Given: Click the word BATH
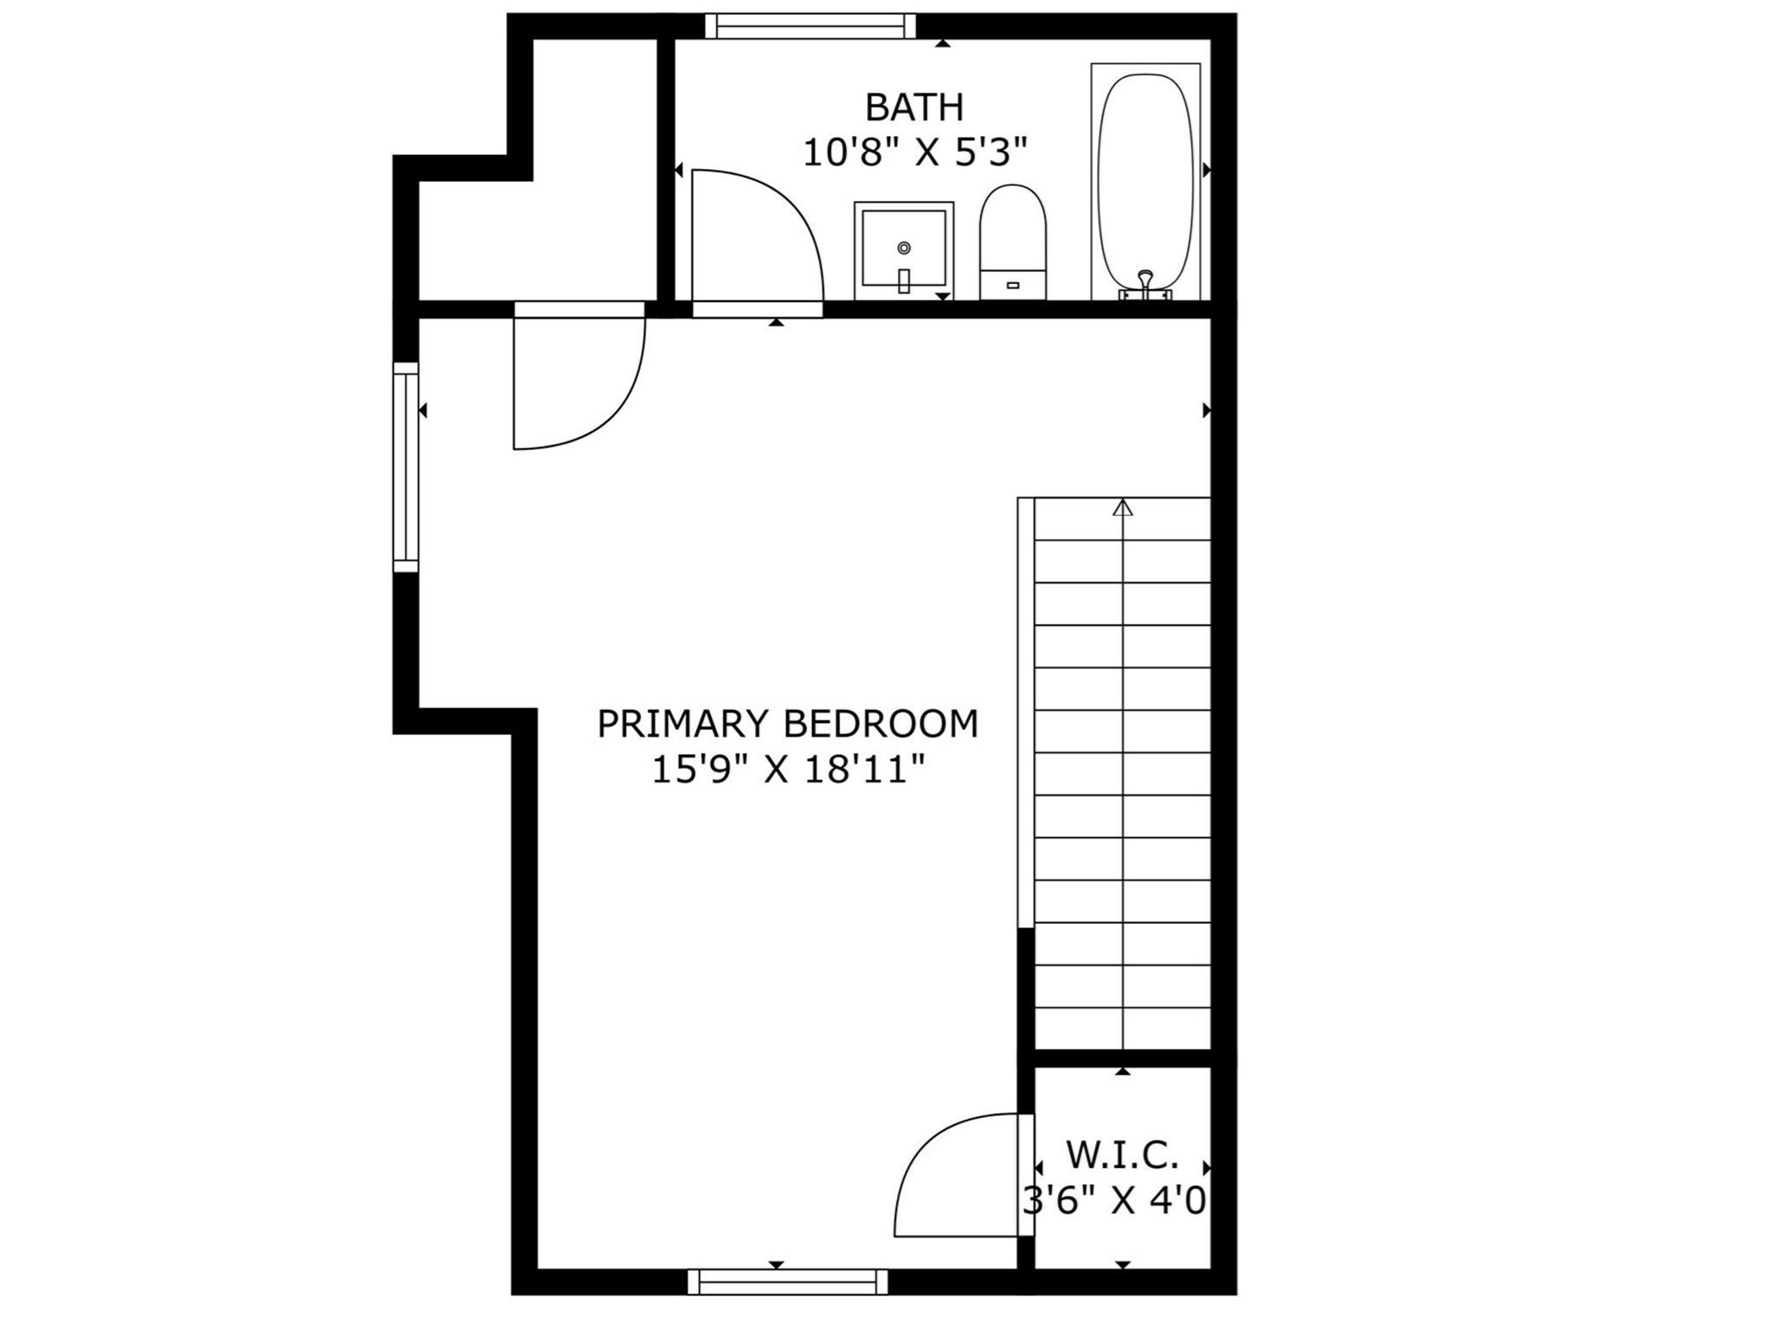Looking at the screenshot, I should [x=914, y=107].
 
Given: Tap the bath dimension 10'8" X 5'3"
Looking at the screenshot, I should [x=914, y=154].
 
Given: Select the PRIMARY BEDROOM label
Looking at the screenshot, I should [x=787, y=724].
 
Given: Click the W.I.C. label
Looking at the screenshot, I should [x=1122, y=1154].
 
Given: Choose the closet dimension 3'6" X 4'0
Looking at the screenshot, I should [x=1115, y=1201].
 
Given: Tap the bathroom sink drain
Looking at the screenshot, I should [x=904, y=248].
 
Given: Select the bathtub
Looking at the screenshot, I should [x=1144, y=177].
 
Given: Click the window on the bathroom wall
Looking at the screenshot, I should [x=810, y=26].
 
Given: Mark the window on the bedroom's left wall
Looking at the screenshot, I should [x=405, y=468].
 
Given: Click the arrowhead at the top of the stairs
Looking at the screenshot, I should [x=1123, y=508].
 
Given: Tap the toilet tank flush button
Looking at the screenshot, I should [x=1013, y=285].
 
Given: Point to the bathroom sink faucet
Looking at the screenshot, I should [x=904, y=280].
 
